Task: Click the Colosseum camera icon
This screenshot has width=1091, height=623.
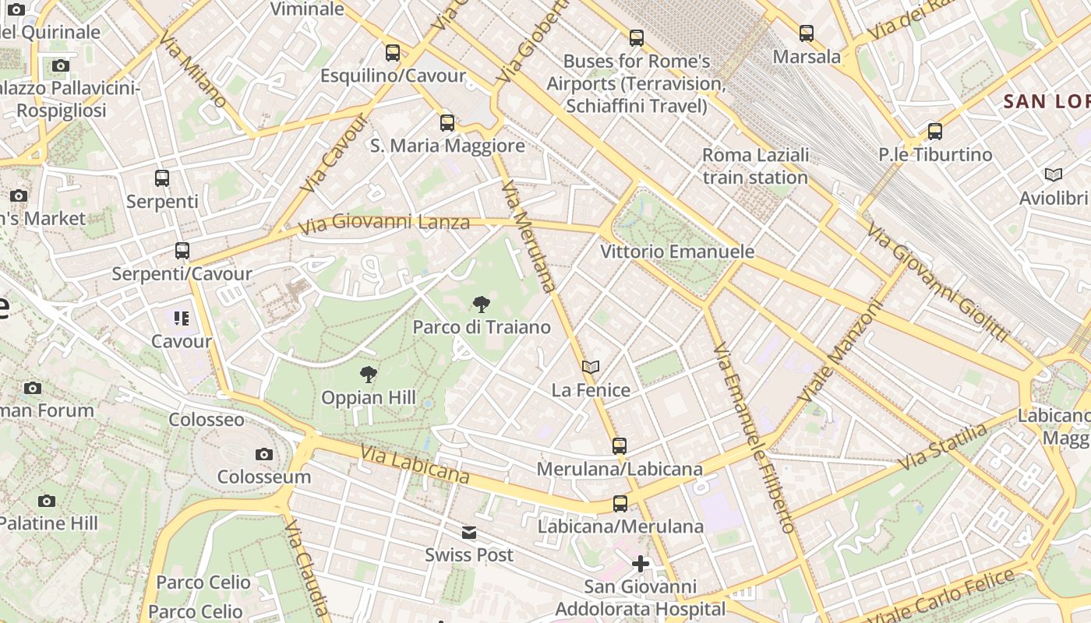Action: click(x=264, y=454)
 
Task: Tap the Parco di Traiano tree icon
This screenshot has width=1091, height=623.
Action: click(x=482, y=304)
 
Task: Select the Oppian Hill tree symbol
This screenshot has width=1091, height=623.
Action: click(x=369, y=375)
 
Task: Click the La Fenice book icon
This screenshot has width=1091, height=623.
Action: click(x=591, y=367)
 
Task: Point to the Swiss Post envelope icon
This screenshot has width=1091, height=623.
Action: click(x=469, y=533)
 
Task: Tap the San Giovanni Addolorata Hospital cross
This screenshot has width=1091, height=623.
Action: click(x=641, y=564)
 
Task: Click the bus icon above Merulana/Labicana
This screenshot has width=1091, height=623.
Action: click(x=620, y=446)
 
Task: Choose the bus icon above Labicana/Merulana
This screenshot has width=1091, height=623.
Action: click(x=620, y=504)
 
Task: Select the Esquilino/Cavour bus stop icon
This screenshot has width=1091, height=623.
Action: click(x=393, y=53)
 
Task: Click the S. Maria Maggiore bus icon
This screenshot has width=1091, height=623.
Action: click(x=447, y=123)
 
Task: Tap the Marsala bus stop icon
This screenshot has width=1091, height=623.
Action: click(x=807, y=33)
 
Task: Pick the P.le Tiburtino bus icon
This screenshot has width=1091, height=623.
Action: click(x=935, y=132)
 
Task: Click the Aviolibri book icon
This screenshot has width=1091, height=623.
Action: click(x=1054, y=175)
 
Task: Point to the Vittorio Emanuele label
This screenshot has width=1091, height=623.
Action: click(x=677, y=252)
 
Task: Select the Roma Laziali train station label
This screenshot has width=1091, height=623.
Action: click(x=755, y=166)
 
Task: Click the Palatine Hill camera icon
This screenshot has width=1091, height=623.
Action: click(x=47, y=501)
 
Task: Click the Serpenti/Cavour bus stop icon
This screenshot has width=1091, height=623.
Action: click(x=182, y=251)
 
